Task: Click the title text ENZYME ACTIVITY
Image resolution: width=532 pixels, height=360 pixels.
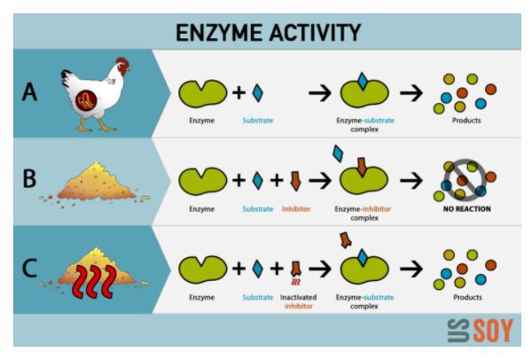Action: (x=268, y=33)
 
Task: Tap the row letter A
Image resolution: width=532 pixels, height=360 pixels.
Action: (x=29, y=92)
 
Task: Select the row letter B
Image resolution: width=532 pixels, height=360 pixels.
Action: (x=29, y=178)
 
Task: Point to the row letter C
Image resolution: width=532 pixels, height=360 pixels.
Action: (x=29, y=268)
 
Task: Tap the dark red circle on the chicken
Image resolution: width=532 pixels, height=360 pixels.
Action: (x=86, y=100)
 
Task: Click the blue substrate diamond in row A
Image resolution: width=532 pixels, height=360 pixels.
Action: (x=257, y=92)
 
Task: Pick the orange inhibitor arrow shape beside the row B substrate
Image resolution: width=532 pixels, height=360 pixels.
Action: (x=295, y=181)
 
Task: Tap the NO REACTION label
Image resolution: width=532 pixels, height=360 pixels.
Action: (x=467, y=209)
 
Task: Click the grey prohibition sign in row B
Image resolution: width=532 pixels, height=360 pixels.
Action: (x=465, y=180)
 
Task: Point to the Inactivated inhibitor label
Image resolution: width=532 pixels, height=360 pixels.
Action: (x=298, y=301)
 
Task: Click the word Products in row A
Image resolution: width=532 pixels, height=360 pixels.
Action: (x=466, y=121)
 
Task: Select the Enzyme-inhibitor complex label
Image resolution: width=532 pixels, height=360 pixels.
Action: (x=363, y=213)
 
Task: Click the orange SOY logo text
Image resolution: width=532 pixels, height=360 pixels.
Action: (x=493, y=330)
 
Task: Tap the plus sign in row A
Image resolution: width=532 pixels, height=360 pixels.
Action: (x=239, y=92)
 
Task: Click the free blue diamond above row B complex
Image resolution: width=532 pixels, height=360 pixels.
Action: (x=338, y=153)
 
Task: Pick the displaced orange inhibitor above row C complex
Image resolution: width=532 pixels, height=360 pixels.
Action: (x=346, y=240)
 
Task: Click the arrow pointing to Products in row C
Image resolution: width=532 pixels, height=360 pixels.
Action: (x=411, y=269)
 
